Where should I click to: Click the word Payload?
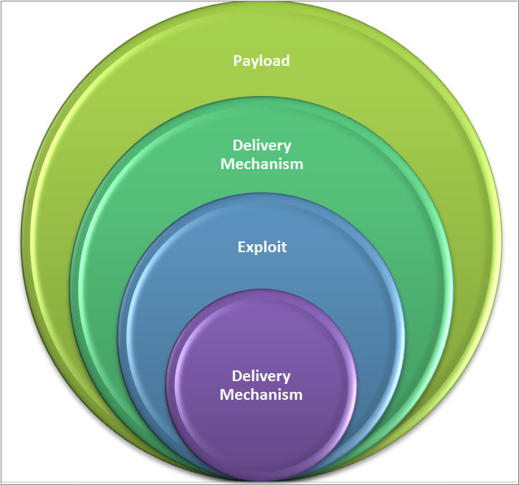pos(262,61)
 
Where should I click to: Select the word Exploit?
pos(262,247)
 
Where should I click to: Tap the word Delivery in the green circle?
pos(262,146)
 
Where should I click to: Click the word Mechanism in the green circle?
pos(262,164)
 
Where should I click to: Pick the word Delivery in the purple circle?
pos(261,376)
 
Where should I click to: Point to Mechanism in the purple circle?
pos(261,394)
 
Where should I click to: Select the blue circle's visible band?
pos(262,287)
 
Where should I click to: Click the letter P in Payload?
pos(237,61)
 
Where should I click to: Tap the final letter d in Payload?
pos(285,61)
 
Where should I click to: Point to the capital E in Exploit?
pos(242,247)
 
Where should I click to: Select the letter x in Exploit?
pos(249,248)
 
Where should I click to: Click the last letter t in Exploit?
pos(283,247)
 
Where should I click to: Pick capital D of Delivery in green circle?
pos(237,146)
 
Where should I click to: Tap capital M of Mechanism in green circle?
pos(227,164)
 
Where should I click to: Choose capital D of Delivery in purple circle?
pos(237,376)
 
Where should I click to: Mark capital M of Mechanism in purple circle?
pos(227,394)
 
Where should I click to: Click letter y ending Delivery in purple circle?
pos(286,378)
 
